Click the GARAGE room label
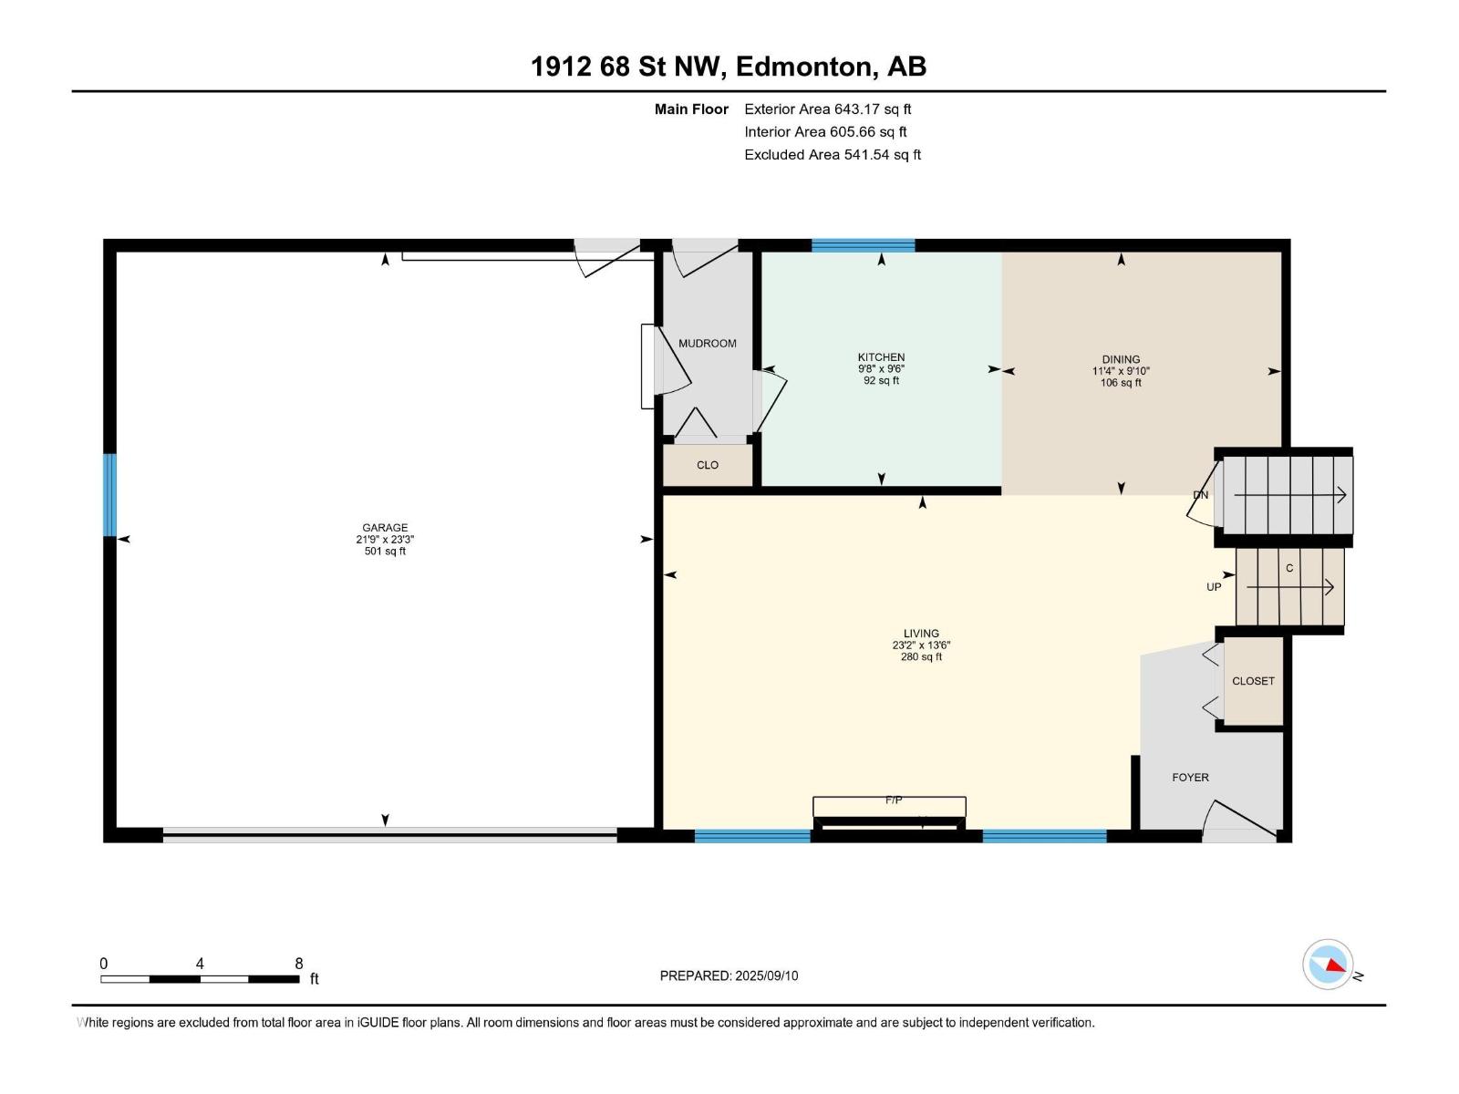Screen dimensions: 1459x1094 coord(385,528)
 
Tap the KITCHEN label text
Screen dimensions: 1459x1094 coord(881,357)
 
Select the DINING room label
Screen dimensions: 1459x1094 coord(1121,359)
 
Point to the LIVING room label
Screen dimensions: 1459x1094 coord(921,634)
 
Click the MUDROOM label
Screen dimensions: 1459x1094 coord(708,344)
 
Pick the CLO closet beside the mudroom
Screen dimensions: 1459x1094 coord(708,465)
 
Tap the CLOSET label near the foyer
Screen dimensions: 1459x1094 coord(1253,681)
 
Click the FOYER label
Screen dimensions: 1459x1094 coord(1190,777)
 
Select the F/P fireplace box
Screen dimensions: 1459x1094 coord(889,807)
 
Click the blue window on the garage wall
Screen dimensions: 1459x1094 coord(109,495)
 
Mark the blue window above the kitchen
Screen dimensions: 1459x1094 coord(863,246)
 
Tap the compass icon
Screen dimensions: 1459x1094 coord(1328,964)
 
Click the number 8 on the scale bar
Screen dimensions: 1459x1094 coord(299,963)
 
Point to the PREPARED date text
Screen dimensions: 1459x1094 coord(729,975)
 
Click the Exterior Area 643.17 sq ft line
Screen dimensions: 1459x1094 coord(828,108)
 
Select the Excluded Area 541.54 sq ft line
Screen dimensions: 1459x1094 coord(833,155)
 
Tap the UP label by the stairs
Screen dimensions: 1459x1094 coord(1214,587)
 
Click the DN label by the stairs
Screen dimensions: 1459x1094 coord(1200,495)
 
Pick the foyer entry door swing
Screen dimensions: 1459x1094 coord(1239,822)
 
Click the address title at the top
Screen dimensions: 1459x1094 coord(729,67)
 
